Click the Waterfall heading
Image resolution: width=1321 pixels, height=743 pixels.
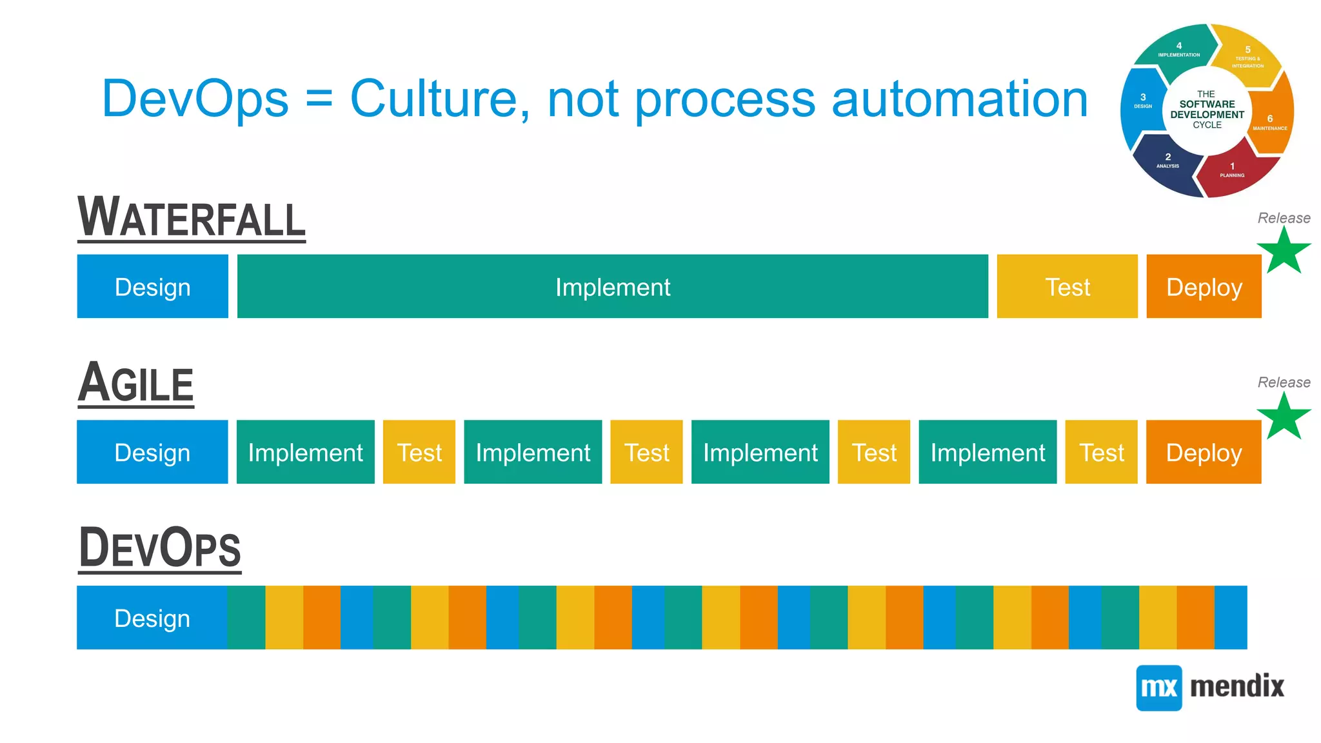191,218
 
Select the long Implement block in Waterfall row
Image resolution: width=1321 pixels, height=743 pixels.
612,286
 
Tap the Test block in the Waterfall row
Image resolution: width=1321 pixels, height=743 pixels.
1067,286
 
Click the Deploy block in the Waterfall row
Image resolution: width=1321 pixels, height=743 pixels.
1204,286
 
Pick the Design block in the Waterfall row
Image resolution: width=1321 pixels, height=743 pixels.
152,286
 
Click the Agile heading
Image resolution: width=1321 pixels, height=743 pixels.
135,383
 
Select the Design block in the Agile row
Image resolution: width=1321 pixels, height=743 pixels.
152,452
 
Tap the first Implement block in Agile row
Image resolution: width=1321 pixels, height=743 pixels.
305,452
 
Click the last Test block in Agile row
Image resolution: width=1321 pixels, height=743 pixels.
1101,452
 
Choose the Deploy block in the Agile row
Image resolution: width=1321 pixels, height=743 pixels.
1204,452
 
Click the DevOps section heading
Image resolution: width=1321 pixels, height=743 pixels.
159,548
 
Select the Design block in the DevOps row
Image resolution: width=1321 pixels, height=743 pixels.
152,618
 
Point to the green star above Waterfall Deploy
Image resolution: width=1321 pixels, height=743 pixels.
1284,252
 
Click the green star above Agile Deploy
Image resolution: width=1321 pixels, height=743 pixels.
1284,417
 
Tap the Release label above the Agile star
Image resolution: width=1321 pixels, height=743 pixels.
1284,382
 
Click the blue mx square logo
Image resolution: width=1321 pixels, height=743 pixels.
1158,688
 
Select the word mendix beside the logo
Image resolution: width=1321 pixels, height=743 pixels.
1237,686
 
